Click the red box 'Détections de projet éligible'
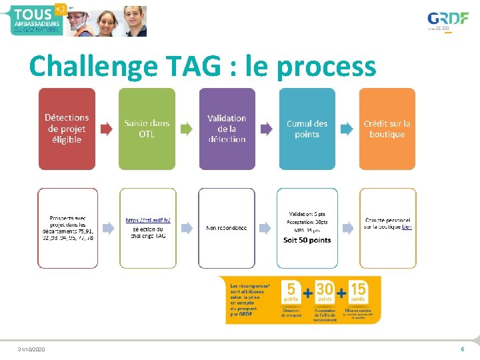[x=67, y=129]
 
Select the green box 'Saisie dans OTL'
[x=147, y=129]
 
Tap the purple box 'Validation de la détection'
[x=227, y=129]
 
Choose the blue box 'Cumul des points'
[x=307, y=129]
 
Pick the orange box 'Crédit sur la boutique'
[x=387, y=129]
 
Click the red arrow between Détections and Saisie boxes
[x=107, y=129]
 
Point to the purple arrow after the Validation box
[x=266, y=129]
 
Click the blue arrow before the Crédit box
[x=347, y=129]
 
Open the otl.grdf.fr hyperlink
[x=148, y=220]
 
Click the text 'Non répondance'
[x=227, y=228]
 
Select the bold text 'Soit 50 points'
[x=307, y=240]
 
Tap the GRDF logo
[x=447, y=20]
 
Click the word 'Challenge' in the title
[x=91, y=67]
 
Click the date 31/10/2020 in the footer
[x=31, y=349]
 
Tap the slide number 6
[x=462, y=349]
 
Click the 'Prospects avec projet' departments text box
[x=67, y=228]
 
